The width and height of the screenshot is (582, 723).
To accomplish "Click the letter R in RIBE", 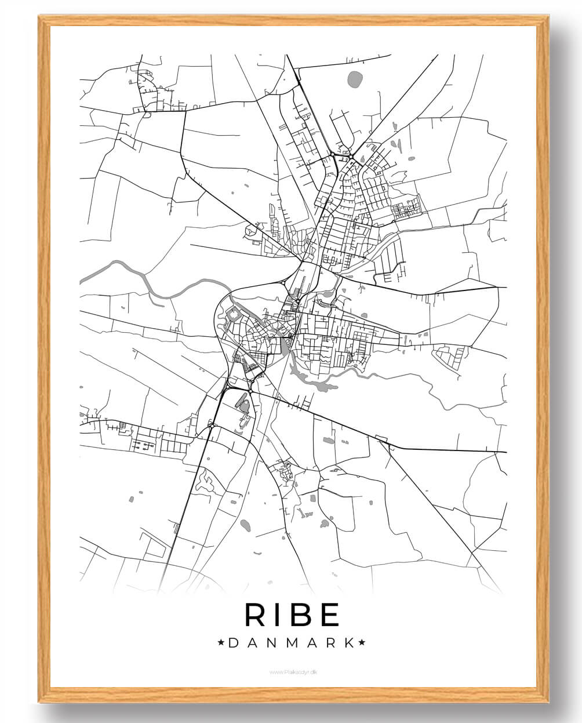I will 256,615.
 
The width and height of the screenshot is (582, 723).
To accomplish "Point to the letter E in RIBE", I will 329,615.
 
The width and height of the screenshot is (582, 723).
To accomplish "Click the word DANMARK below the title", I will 292,642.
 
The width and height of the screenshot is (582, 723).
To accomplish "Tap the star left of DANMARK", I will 221,642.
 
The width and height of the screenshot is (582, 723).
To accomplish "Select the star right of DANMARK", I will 362,642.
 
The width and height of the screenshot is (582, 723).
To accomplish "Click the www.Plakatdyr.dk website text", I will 293,672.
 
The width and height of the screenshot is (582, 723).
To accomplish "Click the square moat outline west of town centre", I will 234,315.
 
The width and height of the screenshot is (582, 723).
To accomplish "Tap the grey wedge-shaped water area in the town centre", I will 285,346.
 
